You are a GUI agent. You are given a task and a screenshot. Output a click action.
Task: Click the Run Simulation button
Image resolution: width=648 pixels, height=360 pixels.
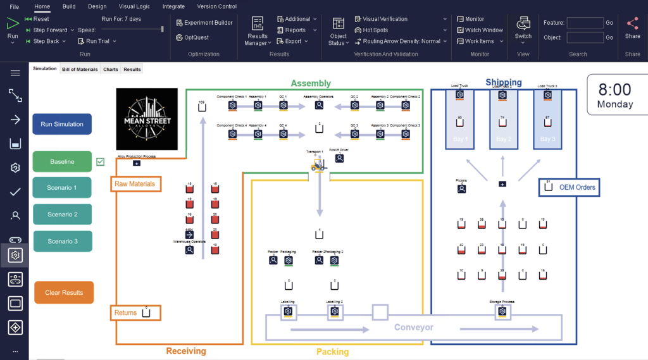(x=62, y=124)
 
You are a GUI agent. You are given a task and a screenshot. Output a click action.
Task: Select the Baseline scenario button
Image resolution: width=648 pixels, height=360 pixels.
(x=62, y=162)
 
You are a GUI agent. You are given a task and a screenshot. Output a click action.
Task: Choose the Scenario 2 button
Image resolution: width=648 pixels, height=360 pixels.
(x=62, y=214)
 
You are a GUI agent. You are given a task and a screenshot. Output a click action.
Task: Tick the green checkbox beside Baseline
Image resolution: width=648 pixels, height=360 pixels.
(x=100, y=162)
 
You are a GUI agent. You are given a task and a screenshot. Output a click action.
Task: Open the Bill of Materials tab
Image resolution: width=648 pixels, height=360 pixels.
(x=80, y=69)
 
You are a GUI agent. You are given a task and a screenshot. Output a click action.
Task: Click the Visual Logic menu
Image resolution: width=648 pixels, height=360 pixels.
(x=134, y=6)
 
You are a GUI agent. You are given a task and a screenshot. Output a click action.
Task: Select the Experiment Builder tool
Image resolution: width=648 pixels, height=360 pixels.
(x=204, y=23)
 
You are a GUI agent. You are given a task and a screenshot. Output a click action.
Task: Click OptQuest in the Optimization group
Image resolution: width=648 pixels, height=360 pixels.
(x=196, y=37)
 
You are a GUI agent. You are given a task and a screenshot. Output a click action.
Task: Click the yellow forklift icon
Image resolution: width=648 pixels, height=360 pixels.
(x=318, y=164)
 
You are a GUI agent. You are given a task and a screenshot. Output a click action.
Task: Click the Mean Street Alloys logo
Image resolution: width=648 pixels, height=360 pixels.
(x=147, y=118)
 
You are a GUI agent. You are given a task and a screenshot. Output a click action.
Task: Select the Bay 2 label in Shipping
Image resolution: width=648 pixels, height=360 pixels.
(x=503, y=139)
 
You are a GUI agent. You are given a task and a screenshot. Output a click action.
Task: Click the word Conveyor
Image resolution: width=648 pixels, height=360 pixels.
(x=414, y=328)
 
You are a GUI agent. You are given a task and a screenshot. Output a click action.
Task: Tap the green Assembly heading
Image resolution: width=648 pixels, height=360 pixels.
(x=311, y=84)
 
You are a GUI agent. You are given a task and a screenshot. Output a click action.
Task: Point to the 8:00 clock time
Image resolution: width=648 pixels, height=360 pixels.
(x=614, y=90)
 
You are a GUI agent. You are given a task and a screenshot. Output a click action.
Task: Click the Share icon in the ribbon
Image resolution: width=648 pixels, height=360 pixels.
(x=632, y=24)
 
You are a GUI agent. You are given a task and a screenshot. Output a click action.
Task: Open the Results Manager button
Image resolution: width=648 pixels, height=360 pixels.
(x=257, y=30)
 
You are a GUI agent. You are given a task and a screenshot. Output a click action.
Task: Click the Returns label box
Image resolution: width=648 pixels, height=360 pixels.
(x=126, y=313)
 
